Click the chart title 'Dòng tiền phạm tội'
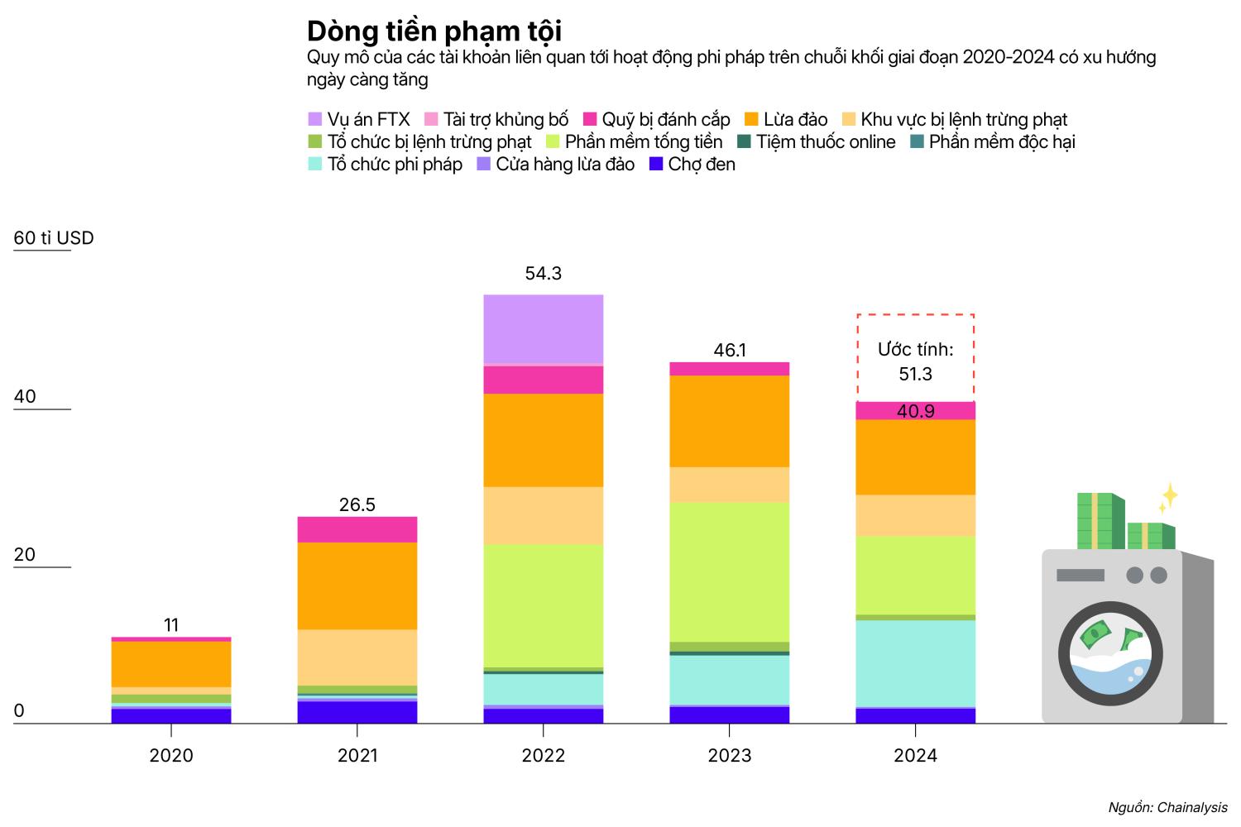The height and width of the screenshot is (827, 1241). tap(434, 31)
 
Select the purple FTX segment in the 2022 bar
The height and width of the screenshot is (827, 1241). tap(543, 329)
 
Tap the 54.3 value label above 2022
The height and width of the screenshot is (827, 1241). tap(543, 274)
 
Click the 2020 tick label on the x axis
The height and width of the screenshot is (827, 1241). tap(171, 755)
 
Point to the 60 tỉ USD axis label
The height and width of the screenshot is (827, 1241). tap(54, 238)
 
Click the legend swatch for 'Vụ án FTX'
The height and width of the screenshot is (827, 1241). tap(315, 120)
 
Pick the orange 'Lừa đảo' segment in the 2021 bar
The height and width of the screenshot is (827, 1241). tap(357, 586)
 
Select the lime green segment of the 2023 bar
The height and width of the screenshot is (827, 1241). tap(729, 571)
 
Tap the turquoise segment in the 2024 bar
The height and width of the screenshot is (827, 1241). tap(915, 663)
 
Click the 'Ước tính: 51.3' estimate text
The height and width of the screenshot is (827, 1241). tap(915, 361)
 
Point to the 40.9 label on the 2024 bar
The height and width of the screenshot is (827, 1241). tap(915, 411)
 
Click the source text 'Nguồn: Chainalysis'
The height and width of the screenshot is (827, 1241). tap(1167, 807)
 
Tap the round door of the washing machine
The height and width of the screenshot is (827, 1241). tap(1110, 653)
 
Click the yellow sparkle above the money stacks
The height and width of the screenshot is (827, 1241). tap(1168, 496)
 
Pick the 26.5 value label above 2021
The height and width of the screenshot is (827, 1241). tap(357, 504)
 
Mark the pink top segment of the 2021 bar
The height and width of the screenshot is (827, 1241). tap(357, 529)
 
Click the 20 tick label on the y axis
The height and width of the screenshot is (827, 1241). tap(25, 554)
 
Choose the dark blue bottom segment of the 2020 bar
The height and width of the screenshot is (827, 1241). tap(171, 716)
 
